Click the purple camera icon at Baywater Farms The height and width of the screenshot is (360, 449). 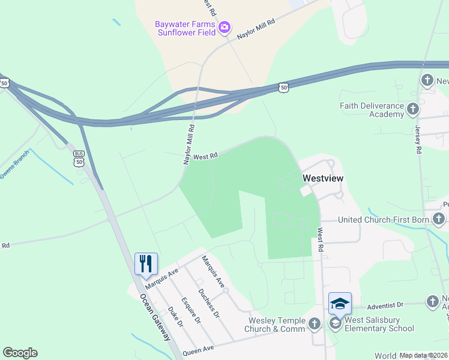(x=224, y=27)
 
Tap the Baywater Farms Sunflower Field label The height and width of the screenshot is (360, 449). (x=185, y=28)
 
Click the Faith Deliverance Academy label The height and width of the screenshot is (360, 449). (x=371, y=110)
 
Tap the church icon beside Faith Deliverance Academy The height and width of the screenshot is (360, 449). (x=412, y=109)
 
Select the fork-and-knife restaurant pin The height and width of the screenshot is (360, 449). (x=146, y=263)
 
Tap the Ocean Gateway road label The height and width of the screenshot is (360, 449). (x=155, y=317)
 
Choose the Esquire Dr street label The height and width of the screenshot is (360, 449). (x=193, y=310)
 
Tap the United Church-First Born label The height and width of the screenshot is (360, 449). (x=384, y=220)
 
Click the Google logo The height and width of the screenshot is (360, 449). (x=20, y=353)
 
